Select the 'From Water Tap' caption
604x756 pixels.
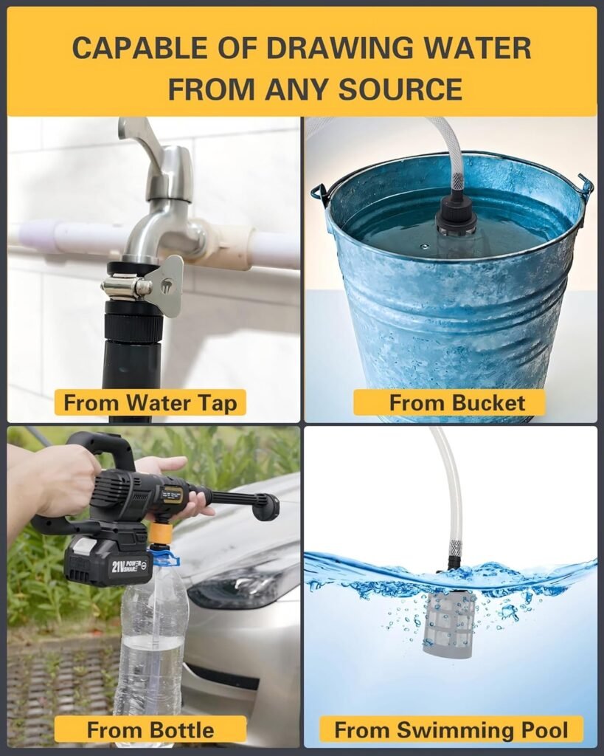pyautogui.click(x=150, y=402)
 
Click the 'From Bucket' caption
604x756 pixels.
pyautogui.click(x=457, y=402)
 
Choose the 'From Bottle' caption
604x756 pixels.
pyautogui.click(x=150, y=729)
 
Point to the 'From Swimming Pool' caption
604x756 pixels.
pyautogui.click(x=451, y=729)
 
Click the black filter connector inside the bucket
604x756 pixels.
pyautogui.click(x=456, y=216)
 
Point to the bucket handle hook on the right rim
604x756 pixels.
pyautogui.click(x=584, y=185)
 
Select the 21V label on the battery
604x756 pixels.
pyautogui.click(x=118, y=566)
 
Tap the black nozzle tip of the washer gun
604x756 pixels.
pyautogui.click(x=268, y=508)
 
